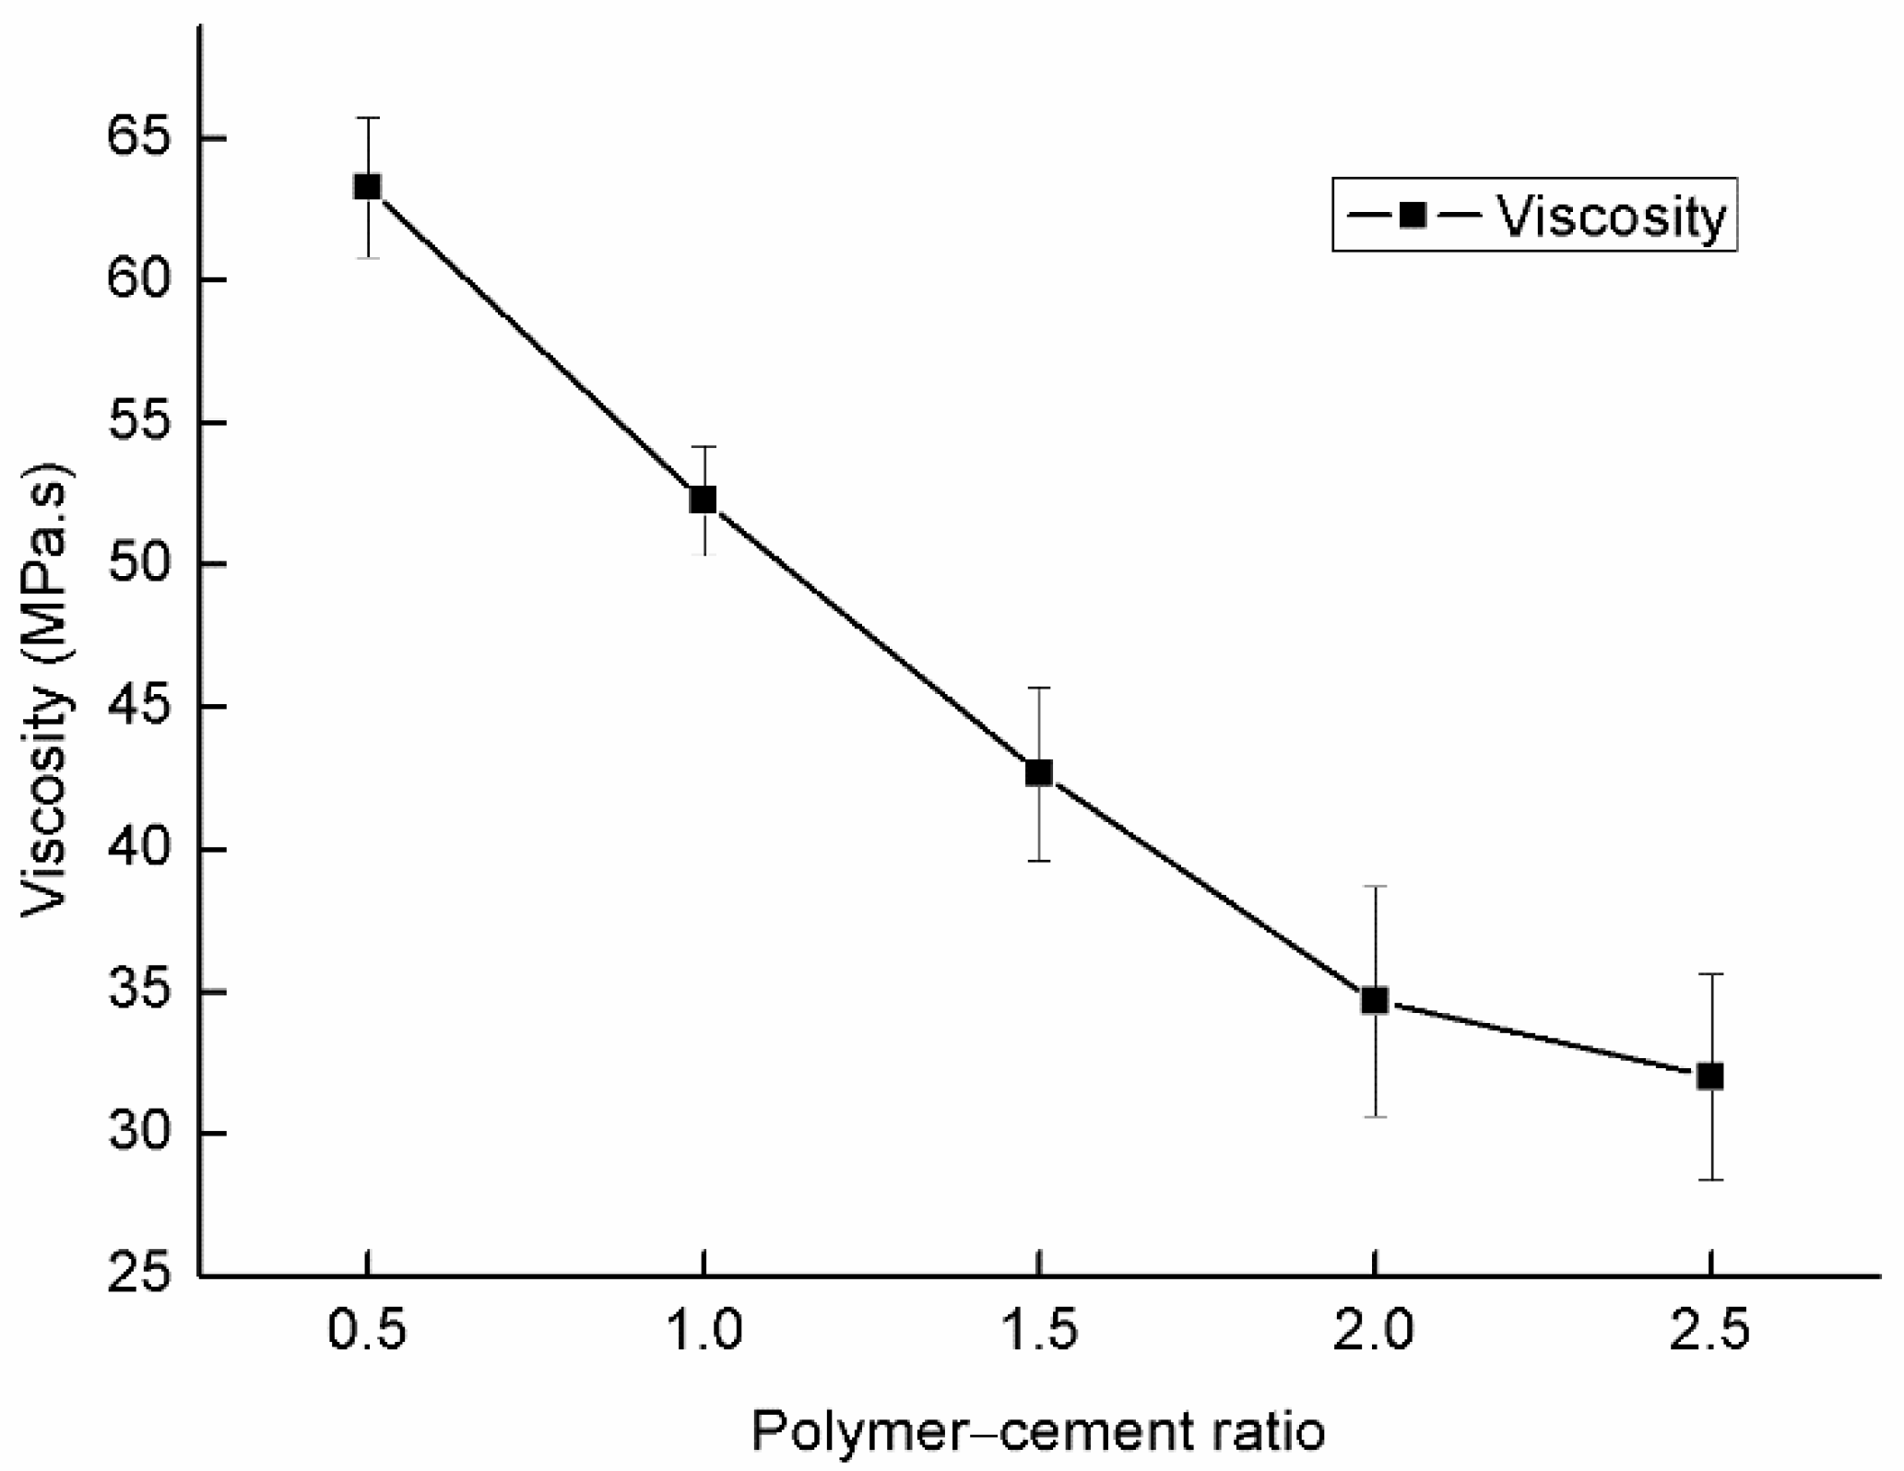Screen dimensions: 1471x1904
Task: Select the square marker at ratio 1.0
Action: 704,500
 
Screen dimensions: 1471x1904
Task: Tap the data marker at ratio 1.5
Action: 1039,772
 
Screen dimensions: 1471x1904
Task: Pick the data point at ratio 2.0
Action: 1375,1001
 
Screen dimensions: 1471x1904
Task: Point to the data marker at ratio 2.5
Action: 1710,1077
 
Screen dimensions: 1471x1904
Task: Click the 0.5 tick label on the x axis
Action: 367,1334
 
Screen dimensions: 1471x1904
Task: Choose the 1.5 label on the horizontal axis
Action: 1039,1334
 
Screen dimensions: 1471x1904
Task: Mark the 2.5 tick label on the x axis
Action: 1710,1334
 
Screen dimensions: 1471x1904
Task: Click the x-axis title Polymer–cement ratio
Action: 1038,1431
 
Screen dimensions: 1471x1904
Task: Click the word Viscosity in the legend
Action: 1610,218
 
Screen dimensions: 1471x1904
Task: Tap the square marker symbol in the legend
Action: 1413,216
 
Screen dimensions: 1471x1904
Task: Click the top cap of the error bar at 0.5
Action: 367,118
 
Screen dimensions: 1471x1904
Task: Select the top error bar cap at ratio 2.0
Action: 1375,887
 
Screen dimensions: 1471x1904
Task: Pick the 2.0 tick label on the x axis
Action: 1375,1334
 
